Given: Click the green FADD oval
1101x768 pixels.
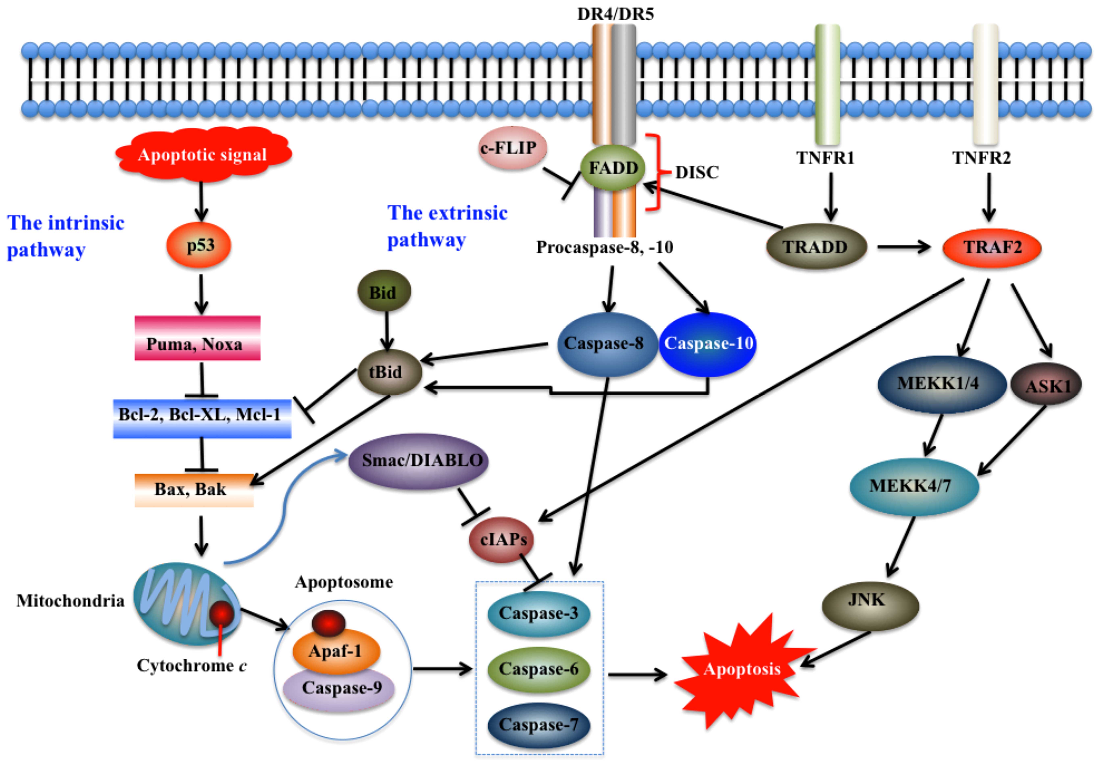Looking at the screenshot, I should pyautogui.click(x=613, y=168).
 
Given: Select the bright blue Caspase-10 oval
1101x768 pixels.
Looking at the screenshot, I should pyautogui.click(x=708, y=344).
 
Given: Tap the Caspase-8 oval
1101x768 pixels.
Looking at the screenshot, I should pyautogui.click(x=607, y=344).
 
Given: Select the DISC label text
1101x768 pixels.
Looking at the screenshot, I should pyautogui.click(x=697, y=173).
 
